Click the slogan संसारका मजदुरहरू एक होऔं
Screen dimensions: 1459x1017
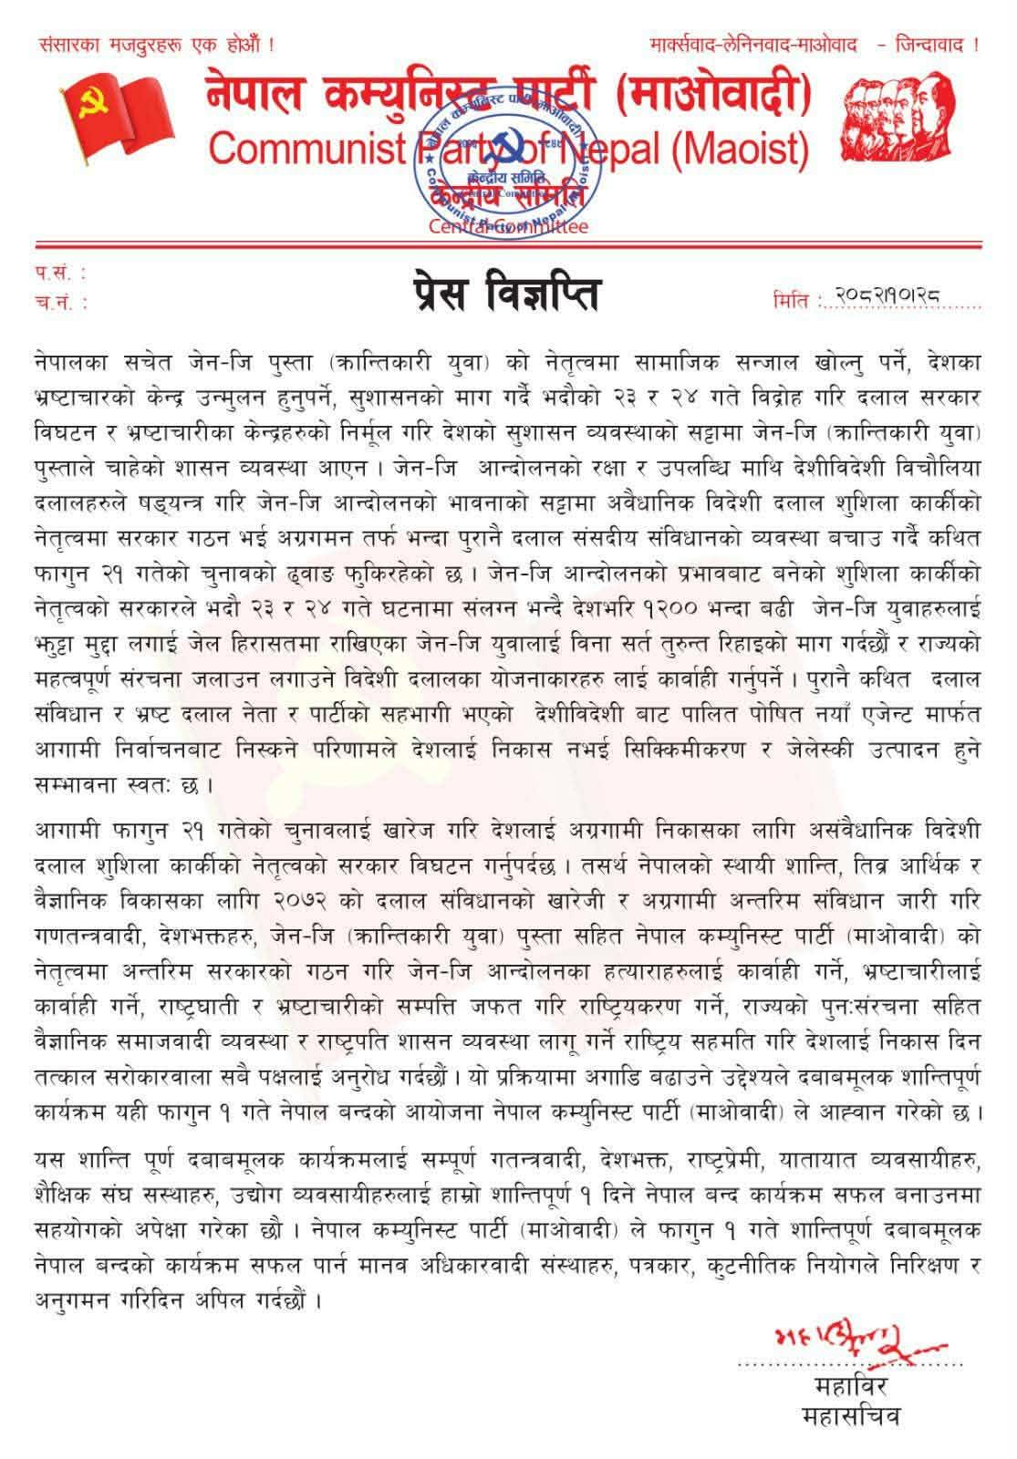155,44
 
